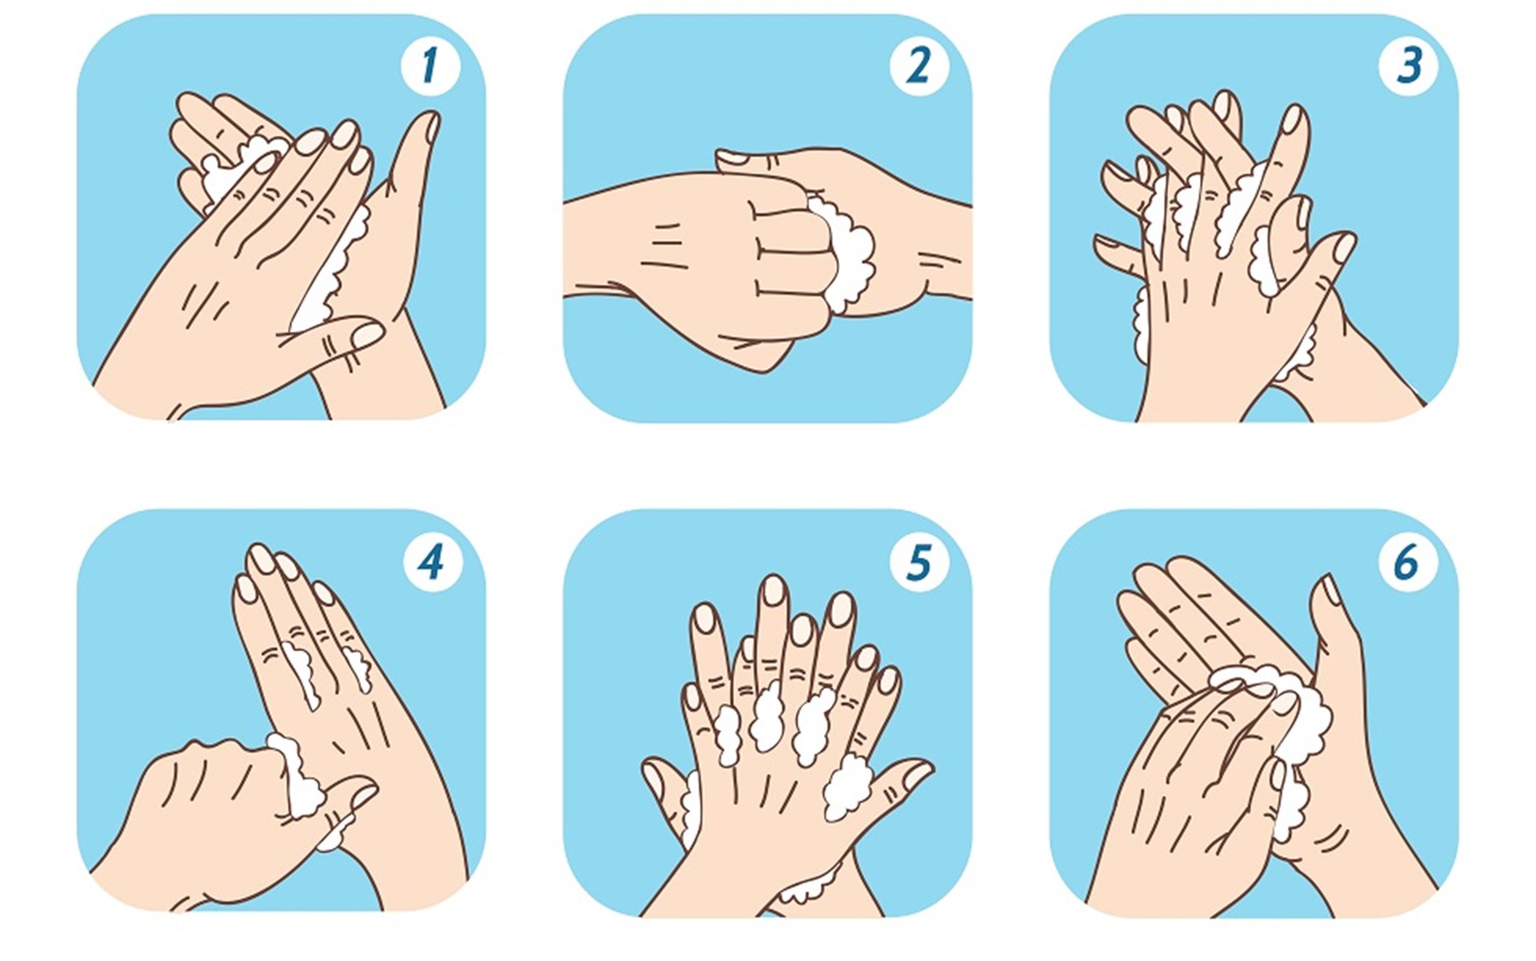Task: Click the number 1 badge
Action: point(430,65)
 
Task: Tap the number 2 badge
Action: point(918,65)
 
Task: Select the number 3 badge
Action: point(1409,65)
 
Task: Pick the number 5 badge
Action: point(918,561)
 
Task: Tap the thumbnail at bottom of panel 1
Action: point(366,334)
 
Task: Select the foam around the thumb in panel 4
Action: point(304,781)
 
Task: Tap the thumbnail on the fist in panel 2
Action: point(731,158)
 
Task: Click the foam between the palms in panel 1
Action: point(333,269)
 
